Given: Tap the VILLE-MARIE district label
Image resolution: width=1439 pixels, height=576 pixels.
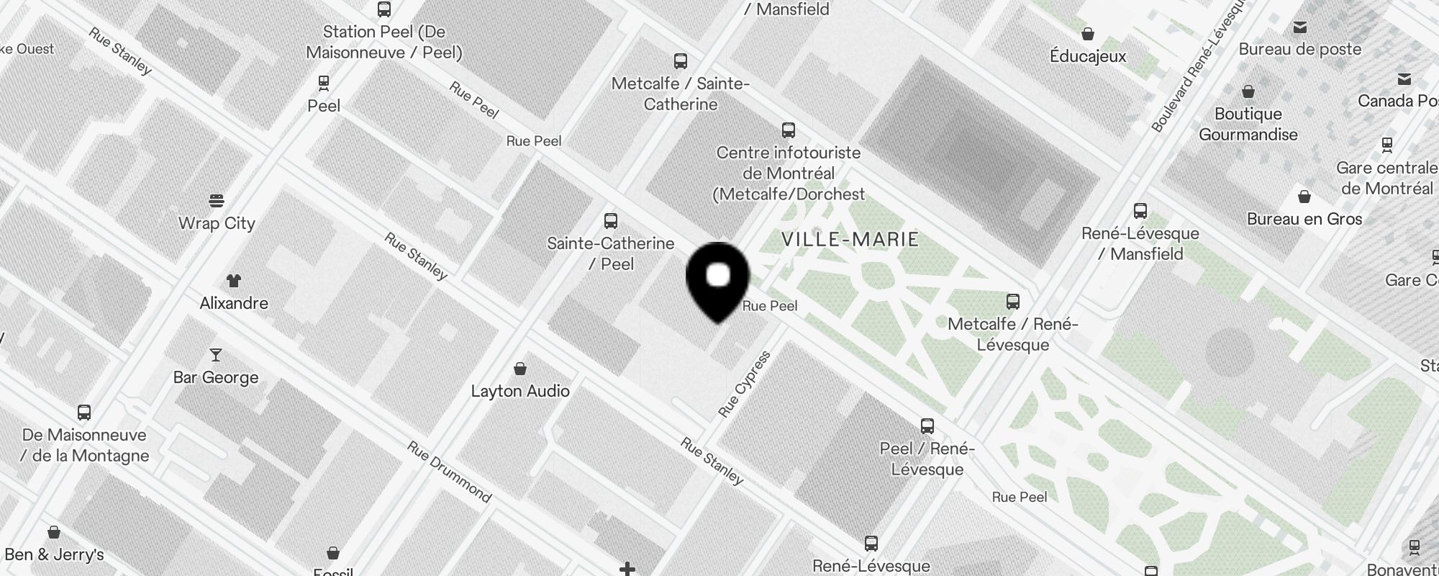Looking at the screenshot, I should point(850,240).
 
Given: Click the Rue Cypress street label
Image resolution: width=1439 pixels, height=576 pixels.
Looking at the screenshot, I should point(745,384).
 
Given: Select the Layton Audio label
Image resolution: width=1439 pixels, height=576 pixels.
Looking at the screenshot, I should point(520,391).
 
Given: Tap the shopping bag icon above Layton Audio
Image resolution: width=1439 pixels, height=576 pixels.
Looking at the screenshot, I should point(520,369).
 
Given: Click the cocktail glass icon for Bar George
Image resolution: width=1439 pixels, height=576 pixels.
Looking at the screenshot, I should point(215,355).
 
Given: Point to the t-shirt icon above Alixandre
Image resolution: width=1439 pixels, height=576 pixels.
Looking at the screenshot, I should point(233,281).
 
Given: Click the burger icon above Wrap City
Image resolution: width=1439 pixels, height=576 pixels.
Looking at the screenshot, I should point(217,200).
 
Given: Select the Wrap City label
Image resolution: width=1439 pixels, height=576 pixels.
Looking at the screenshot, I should point(217,223).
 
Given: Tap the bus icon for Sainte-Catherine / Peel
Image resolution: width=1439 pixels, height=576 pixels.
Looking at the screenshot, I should point(611,221).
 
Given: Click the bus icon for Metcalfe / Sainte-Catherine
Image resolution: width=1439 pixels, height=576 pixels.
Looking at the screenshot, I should point(680,61).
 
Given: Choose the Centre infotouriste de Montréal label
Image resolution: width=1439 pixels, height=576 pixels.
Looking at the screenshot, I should point(790,174).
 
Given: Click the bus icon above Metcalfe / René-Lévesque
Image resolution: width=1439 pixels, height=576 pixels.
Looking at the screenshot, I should point(1012,302).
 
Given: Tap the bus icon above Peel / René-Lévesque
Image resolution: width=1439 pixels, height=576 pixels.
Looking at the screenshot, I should point(927,426).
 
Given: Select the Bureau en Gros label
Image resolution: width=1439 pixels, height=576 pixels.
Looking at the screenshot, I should point(1304,219).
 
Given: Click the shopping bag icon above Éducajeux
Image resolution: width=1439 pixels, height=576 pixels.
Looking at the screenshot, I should point(1088,34).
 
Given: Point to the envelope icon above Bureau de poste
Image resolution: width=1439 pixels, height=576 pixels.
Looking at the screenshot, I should point(1299,27).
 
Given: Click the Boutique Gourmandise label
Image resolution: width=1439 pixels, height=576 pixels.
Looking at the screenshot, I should point(1248,124).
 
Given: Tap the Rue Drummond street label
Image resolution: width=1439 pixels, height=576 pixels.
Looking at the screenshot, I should point(450,472).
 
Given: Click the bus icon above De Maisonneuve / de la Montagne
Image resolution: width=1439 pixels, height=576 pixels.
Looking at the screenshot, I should point(84,413).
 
